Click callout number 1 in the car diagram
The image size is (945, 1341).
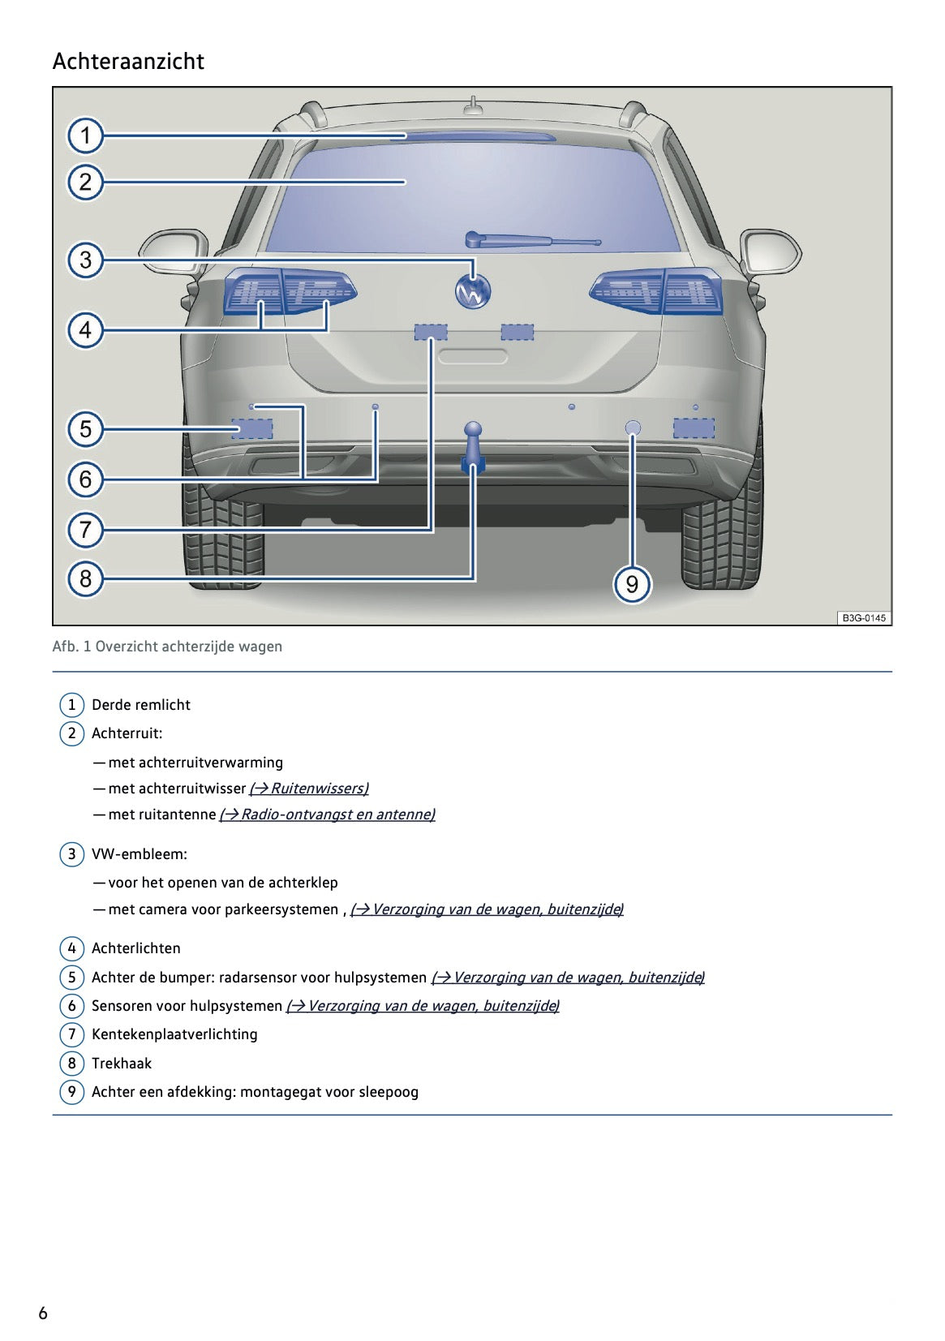[x=85, y=135]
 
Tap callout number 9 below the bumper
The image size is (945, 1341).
[x=632, y=584]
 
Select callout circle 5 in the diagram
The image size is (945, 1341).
[x=85, y=429]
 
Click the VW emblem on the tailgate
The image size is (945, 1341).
[x=473, y=292]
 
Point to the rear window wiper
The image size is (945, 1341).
[x=531, y=240]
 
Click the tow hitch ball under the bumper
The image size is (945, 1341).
[x=473, y=430]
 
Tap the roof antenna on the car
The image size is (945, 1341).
[x=473, y=105]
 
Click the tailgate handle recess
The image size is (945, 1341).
[x=473, y=356]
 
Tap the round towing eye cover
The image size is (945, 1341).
[x=633, y=428]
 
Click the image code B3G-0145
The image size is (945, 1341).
[x=863, y=618]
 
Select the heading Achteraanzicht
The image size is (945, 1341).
[x=128, y=62]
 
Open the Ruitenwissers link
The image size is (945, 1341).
[x=309, y=789]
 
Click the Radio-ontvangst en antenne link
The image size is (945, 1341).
[x=328, y=814]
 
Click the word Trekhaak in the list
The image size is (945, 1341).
[x=122, y=1064]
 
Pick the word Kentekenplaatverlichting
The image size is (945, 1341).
[x=174, y=1034]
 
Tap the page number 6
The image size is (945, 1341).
[x=43, y=1313]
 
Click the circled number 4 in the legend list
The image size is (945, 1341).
[x=71, y=948]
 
